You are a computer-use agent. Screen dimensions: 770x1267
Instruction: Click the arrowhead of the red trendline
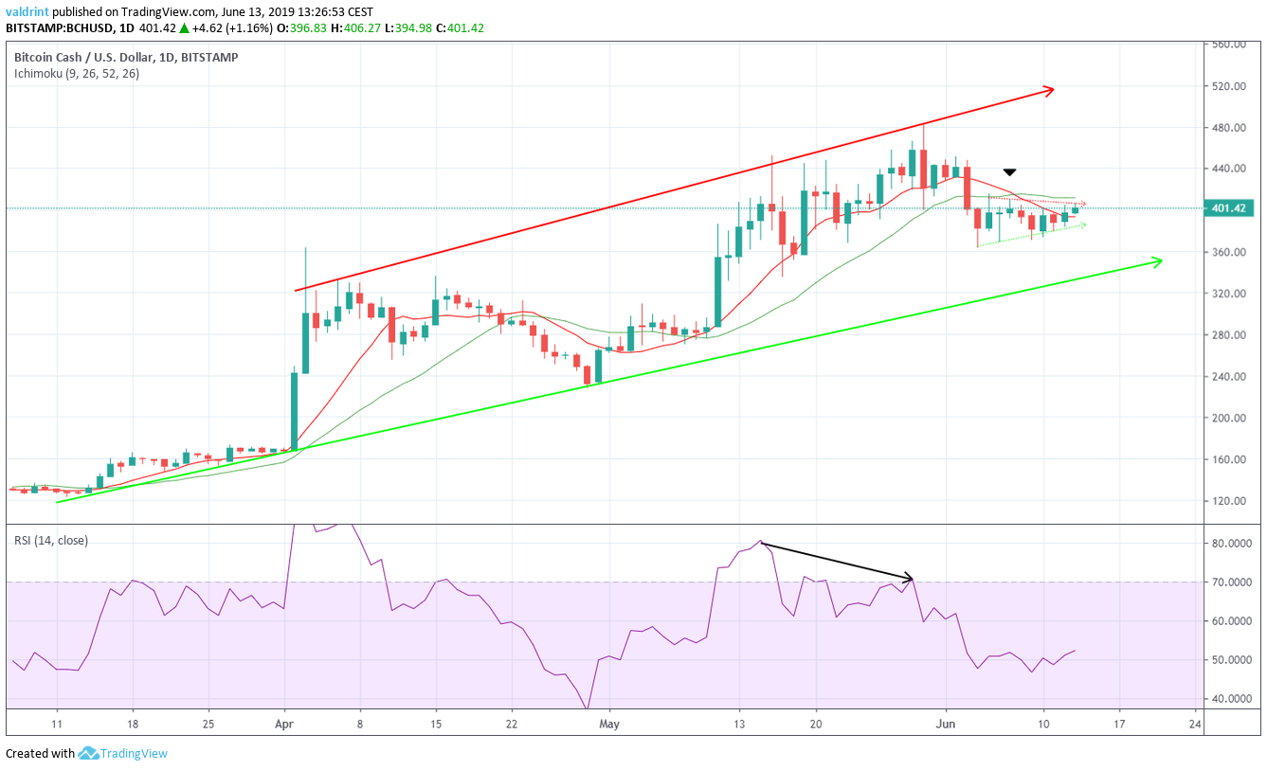coord(1049,91)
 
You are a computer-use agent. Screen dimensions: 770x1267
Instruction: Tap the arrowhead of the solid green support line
coord(1157,260)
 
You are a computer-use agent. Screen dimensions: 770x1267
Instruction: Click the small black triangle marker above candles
coord(1009,172)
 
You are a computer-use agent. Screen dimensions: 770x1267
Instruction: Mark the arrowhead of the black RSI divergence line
coord(910,578)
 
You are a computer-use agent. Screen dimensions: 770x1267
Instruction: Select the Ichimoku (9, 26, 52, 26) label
coord(76,73)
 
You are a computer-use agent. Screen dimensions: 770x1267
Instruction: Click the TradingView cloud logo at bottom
coord(89,754)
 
